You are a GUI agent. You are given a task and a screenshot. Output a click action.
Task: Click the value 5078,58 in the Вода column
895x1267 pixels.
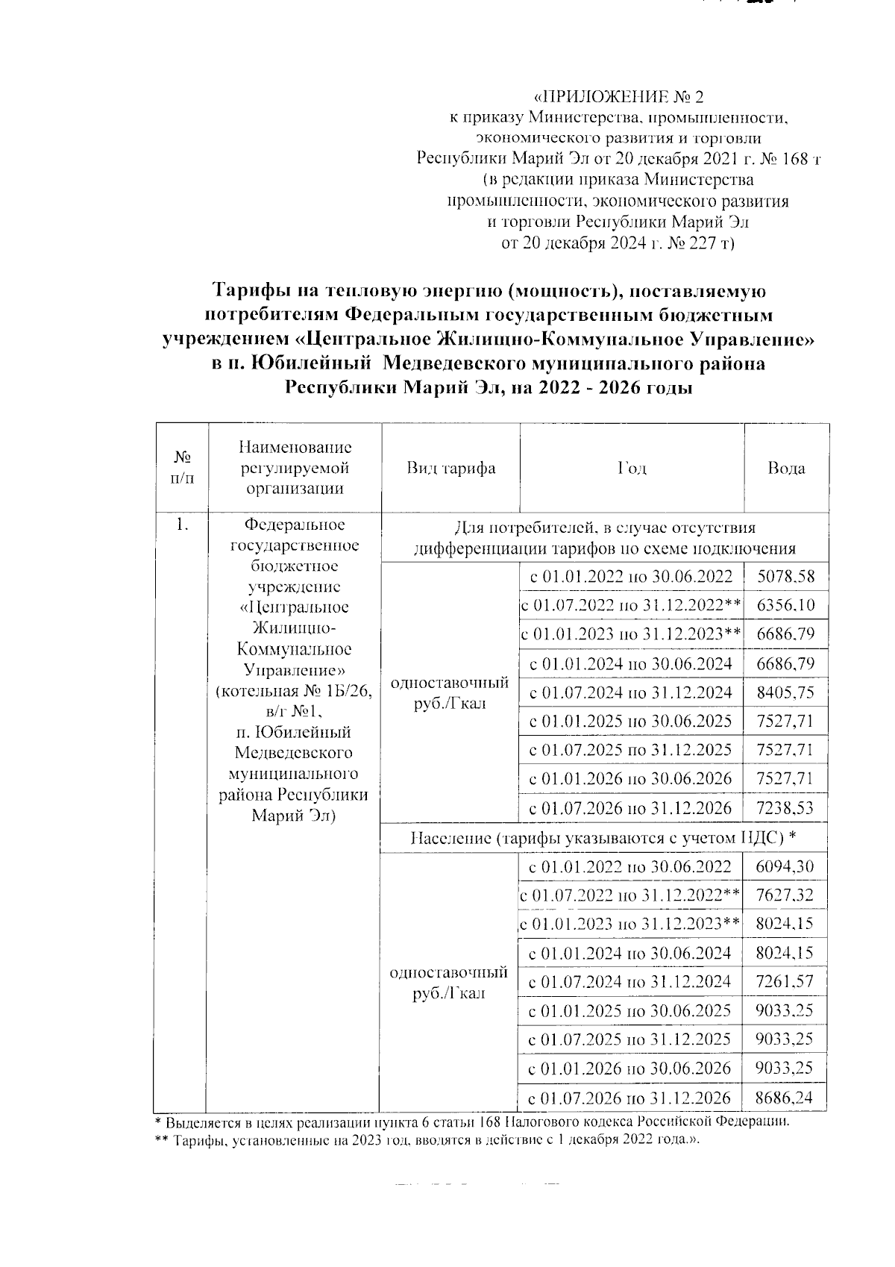tap(785, 576)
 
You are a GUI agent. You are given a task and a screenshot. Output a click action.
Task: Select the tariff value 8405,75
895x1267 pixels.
tap(785, 692)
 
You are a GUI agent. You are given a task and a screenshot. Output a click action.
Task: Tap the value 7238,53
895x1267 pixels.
tap(785, 807)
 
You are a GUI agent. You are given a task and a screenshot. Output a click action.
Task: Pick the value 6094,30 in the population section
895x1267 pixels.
tap(785, 866)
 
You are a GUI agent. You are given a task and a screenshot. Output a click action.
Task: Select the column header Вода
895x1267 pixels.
tap(786, 469)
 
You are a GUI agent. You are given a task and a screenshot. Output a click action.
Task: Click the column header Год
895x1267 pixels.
tap(632, 469)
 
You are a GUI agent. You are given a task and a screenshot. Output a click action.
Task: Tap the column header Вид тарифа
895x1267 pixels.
tap(450, 469)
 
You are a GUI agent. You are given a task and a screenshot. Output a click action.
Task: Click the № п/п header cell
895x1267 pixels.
tap(181, 468)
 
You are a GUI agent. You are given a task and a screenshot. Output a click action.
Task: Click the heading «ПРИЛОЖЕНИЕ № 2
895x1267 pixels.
tap(618, 97)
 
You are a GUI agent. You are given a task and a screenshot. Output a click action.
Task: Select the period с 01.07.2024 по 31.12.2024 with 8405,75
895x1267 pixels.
tap(631, 692)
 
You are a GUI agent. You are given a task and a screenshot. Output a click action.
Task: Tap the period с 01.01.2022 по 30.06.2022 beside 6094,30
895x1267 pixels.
tap(629, 866)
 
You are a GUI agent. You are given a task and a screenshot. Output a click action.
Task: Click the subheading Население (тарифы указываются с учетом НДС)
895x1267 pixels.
tap(603, 838)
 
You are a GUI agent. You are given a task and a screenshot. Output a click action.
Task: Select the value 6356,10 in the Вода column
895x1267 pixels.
tap(785, 605)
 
